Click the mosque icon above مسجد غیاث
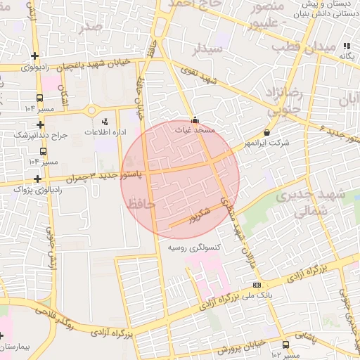(x=195, y=119)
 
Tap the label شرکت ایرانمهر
(x=266, y=143)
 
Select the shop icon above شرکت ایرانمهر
(x=266, y=132)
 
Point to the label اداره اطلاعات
(x=105, y=132)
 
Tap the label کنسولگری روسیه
(x=194, y=248)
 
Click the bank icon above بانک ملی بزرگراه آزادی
(x=257, y=285)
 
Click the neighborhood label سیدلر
(x=208, y=49)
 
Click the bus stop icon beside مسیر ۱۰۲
(x=285, y=345)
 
